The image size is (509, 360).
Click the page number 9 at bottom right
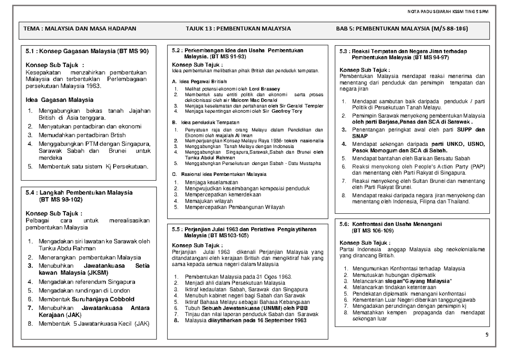(487, 335)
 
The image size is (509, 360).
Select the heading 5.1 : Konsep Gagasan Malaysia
(87, 51)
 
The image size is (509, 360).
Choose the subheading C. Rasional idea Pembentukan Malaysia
(219, 174)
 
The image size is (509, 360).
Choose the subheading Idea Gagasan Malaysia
(60, 100)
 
